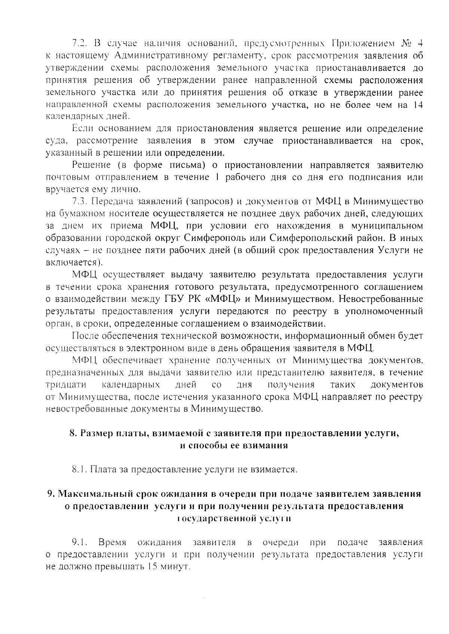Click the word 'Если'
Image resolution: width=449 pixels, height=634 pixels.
coord(82,129)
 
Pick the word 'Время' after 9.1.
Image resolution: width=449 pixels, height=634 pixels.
coord(112,542)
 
